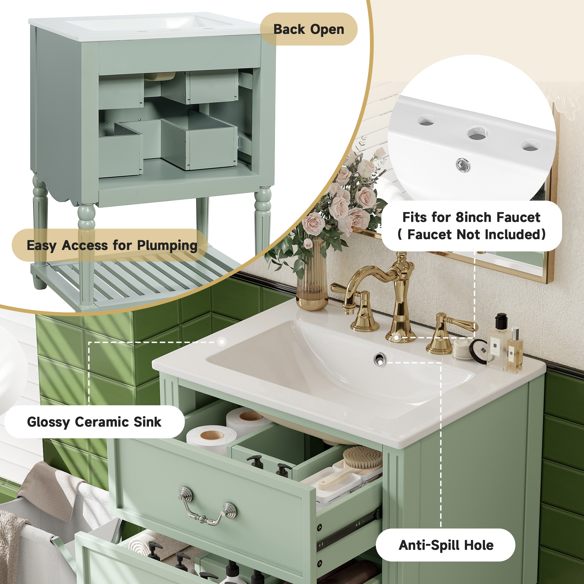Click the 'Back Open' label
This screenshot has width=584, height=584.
(309, 29)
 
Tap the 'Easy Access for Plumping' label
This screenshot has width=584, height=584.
(112, 245)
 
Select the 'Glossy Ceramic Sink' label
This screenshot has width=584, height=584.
(94, 422)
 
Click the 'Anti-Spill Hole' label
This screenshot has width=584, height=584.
(446, 545)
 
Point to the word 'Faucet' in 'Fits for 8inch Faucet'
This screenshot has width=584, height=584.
(518, 217)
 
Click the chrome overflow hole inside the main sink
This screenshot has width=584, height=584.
(379, 359)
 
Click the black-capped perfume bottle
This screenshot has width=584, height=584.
(498, 343)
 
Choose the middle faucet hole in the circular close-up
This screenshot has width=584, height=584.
(477, 134)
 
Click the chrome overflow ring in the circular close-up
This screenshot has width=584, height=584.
(463, 165)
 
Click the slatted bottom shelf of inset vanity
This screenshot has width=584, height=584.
(142, 280)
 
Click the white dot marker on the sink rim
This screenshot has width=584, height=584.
(222, 342)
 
